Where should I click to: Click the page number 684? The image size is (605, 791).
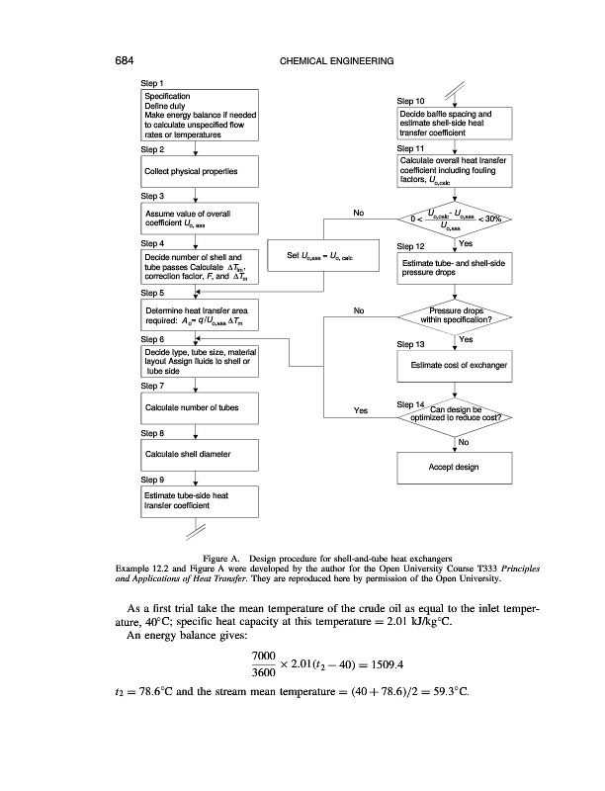pos(124,60)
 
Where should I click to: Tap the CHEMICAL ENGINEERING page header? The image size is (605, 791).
pos(336,61)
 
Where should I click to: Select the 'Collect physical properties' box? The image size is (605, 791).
pos(200,171)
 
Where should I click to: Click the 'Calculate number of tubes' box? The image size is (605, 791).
pos(200,408)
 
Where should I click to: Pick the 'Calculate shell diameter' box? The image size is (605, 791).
pos(200,455)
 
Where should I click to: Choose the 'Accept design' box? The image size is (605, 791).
pos(455,468)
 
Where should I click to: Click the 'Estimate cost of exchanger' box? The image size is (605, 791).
pos(455,366)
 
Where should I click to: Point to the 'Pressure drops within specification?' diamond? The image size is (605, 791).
pos(455,316)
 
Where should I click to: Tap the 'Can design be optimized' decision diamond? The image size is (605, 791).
pos(455,416)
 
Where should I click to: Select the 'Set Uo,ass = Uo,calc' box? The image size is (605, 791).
pos(323,255)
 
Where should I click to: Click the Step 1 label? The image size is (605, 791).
pos(152,83)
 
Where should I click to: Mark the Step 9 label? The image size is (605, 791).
pos(152,480)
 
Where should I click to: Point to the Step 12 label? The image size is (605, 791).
pos(410,246)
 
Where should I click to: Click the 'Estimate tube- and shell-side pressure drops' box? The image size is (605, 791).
pos(455,268)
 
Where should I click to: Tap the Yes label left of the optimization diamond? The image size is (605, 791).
pos(361,410)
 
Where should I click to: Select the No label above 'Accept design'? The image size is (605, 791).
pos(464,442)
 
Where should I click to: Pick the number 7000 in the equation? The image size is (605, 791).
pos(264,656)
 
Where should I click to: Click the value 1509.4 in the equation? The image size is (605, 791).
pos(388,664)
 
